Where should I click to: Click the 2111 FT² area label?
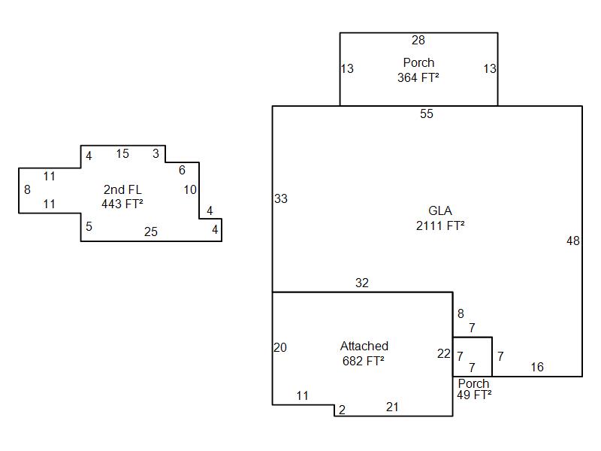(x=440, y=225)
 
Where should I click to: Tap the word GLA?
(x=440, y=210)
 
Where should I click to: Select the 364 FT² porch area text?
(x=418, y=77)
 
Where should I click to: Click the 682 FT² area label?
(x=364, y=361)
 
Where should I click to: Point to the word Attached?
(x=364, y=347)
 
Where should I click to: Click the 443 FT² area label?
(x=122, y=203)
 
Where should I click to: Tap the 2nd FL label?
(x=122, y=189)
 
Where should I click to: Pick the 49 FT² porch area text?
(x=474, y=395)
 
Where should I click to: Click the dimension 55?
(x=427, y=114)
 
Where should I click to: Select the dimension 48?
(x=573, y=241)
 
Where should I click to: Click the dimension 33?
(x=281, y=199)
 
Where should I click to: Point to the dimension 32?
(x=362, y=283)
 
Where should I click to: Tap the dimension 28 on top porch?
(x=418, y=41)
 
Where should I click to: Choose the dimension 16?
(x=537, y=368)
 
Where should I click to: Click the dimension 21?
(x=392, y=407)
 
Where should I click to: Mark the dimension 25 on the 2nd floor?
(x=151, y=232)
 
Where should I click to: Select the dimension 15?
(x=122, y=154)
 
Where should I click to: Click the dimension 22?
(x=444, y=354)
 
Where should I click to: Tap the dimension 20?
(x=280, y=348)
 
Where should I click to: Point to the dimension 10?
(x=190, y=190)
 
